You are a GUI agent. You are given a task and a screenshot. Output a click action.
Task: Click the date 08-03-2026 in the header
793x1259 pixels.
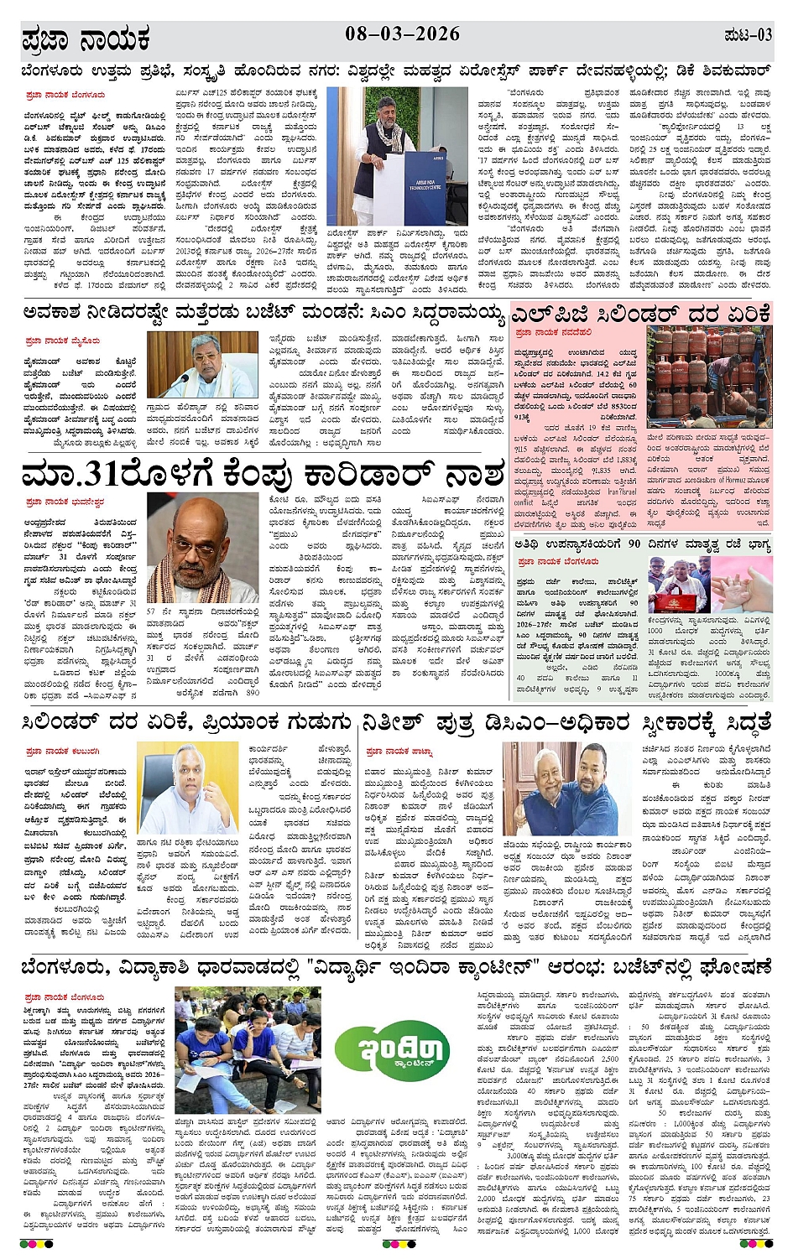pos(402,34)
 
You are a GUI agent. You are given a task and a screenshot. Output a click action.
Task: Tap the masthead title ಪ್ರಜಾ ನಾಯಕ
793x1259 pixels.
pos(86,38)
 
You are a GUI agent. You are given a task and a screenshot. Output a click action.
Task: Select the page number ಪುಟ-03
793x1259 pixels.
pos(746,35)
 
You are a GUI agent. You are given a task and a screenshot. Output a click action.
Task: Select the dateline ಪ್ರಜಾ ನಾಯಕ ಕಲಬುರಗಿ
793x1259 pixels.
pos(63,751)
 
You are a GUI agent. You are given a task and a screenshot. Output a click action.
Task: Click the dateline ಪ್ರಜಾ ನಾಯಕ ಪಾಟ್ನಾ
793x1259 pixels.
pos(399,751)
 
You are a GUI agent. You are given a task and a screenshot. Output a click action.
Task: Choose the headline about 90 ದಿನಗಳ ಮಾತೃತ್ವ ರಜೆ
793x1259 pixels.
pos(642,544)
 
